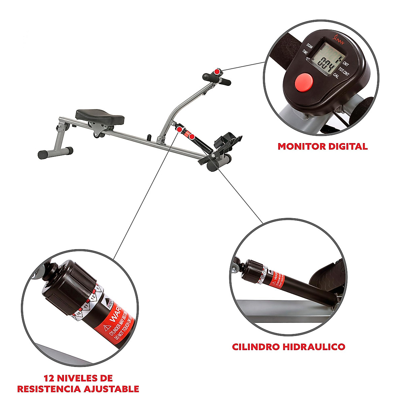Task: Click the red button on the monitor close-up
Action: pyautogui.click(x=303, y=82)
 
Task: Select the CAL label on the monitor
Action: pyautogui.click(x=336, y=76)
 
